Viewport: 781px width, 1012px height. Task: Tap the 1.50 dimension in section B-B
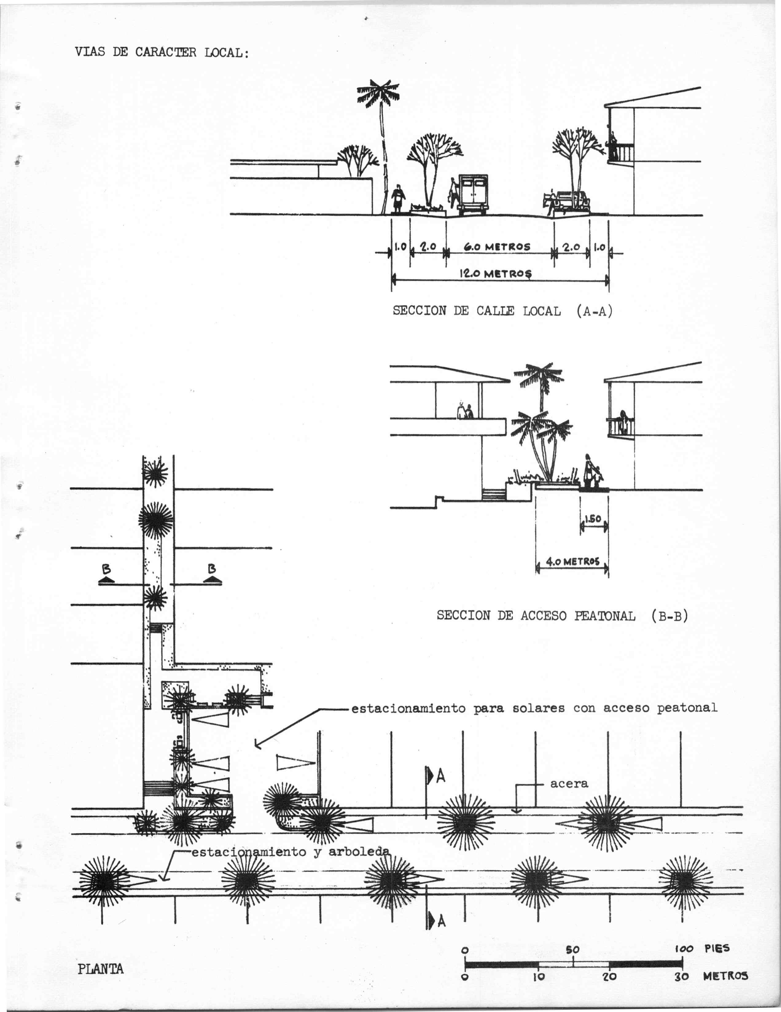[x=593, y=519]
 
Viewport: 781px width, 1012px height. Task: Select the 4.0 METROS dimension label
[x=572, y=562]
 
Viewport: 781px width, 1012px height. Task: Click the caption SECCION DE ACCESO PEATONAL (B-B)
[x=562, y=616]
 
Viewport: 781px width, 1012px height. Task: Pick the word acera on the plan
[x=569, y=783]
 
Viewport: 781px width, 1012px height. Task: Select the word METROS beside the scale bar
[x=725, y=976]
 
